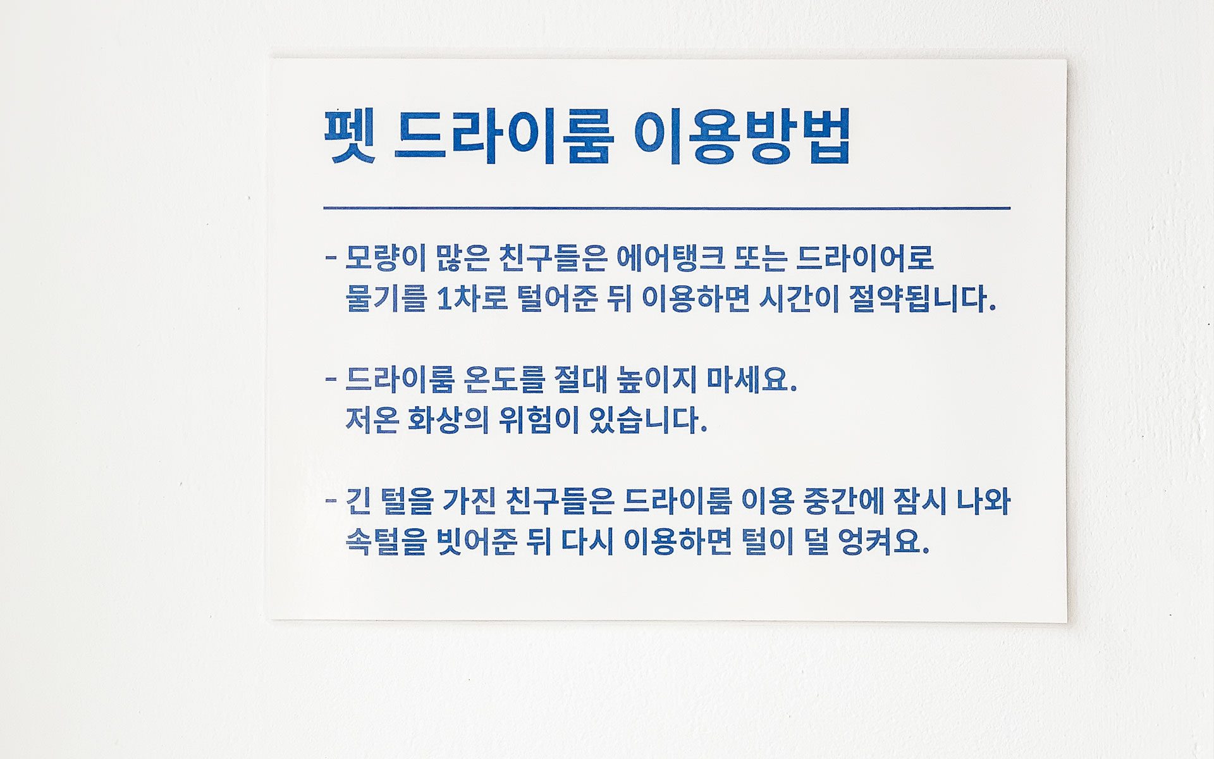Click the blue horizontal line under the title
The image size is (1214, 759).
coord(667,207)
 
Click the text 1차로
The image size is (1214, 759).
coord(473,299)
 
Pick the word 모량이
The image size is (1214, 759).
coord(385,257)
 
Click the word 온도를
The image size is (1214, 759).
coord(504,379)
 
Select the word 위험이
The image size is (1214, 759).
coord(539,421)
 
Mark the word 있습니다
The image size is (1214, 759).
coord(647,421)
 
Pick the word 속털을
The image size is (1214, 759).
coord(386,542)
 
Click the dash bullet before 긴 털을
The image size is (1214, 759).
coord(331,502)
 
